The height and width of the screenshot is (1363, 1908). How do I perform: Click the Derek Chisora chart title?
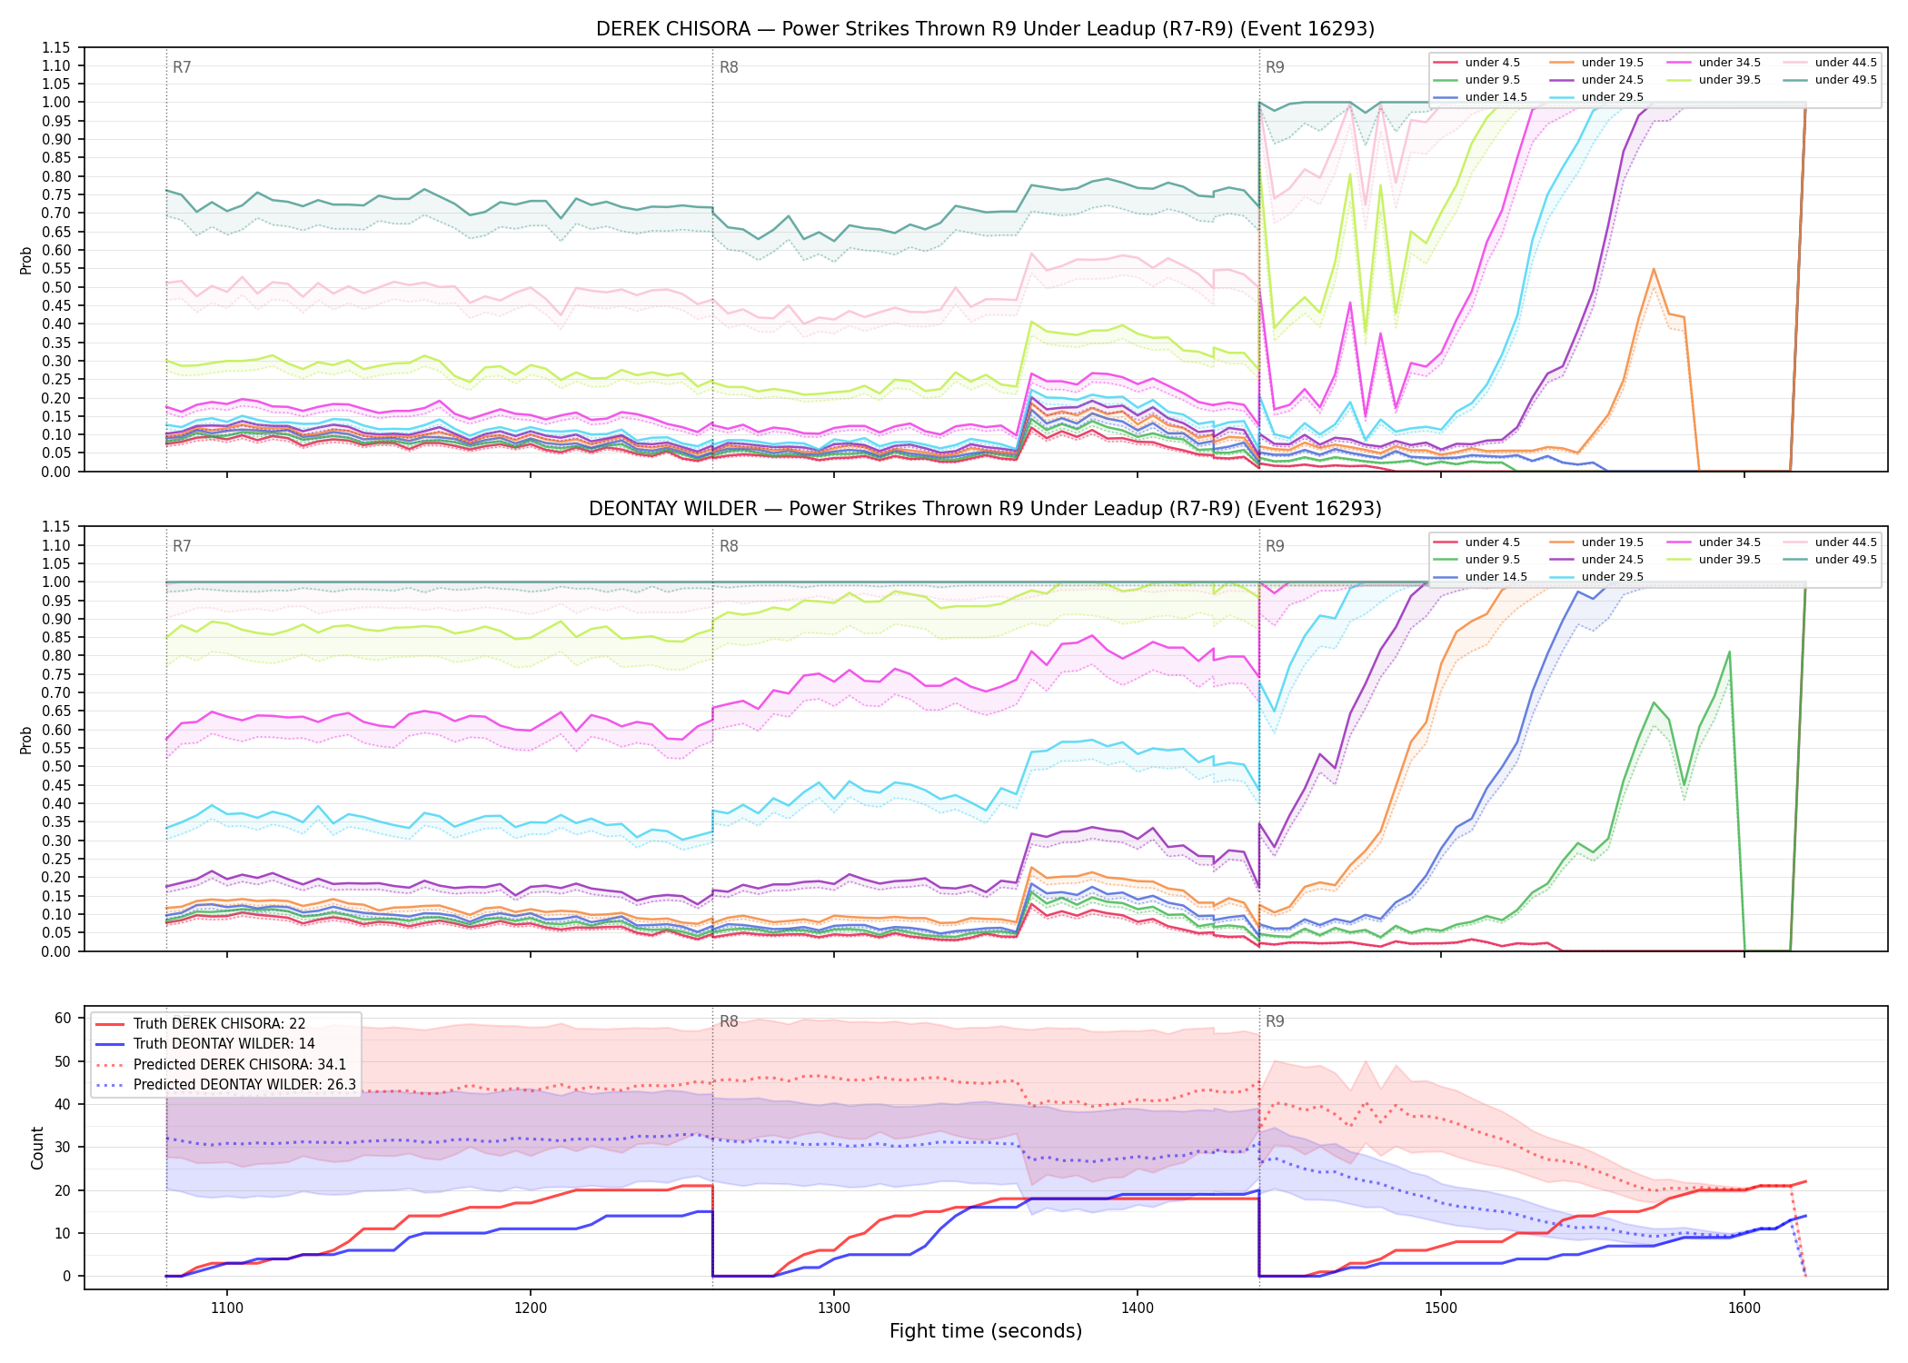(x=985, y=29)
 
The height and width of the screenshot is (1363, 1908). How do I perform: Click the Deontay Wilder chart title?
(x=985, y=509)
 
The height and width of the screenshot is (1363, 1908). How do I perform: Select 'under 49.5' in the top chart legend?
(x=1845, y=80)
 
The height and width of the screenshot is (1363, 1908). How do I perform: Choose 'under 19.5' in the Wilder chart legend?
(x=1612, y=542)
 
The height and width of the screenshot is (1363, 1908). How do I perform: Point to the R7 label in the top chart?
(x=182, y=67)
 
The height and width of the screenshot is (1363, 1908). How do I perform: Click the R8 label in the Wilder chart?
(x=729, y=547)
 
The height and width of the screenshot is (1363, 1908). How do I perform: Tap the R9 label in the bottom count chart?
(x=1275, y=1022)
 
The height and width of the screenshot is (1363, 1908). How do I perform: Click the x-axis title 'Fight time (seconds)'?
(x=986, y=1331)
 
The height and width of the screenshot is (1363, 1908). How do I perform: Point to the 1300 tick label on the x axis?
(x=833, y=1308)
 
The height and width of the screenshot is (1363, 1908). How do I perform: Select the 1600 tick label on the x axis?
(x=1744, y=1308)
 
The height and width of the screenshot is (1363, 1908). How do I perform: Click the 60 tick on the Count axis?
(x=63, y=1019)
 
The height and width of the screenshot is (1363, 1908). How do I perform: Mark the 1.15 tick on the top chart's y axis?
(x=56, y=47)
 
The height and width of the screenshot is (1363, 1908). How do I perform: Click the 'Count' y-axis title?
(x=37, y=1149)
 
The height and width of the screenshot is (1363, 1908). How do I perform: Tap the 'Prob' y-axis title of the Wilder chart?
(x=26, y=740)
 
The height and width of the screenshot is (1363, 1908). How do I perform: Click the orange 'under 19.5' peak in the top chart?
(x=1654, y=269)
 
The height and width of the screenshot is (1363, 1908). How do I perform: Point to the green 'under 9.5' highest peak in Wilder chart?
(x=1729, y=652)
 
